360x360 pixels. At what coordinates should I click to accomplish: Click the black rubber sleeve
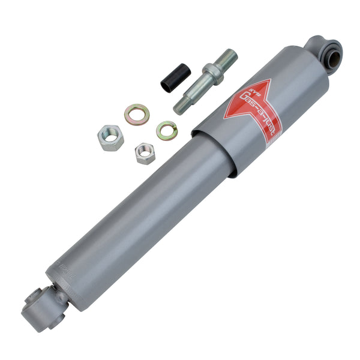[175, 78]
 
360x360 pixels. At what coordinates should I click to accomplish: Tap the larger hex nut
[110, 137]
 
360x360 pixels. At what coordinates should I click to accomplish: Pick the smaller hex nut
[145, 153]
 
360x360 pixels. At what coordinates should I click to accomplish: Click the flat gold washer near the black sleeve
[137, 114]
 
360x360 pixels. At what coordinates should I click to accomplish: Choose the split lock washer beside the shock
[167, 130]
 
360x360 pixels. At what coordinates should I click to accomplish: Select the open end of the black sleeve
[166, 85]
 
